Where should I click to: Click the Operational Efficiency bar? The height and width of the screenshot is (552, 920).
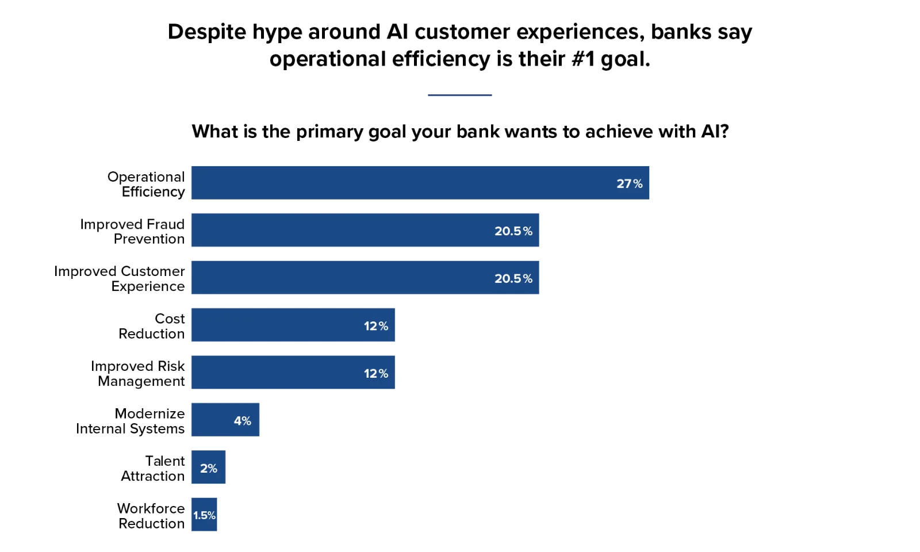420,183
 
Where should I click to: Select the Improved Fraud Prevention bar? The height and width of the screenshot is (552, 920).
365,230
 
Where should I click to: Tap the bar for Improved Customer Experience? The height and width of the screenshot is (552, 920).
365,277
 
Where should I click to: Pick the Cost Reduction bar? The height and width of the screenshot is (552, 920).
293,325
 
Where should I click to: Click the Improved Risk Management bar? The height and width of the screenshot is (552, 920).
293,372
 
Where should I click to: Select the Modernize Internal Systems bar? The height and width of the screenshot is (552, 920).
225,420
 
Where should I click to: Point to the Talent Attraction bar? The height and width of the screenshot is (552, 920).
208,467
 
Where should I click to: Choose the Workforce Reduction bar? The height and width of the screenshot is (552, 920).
204,515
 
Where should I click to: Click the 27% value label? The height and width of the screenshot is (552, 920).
629,183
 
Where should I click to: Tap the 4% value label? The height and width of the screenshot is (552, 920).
242,420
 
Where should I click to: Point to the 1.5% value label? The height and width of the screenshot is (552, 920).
205,515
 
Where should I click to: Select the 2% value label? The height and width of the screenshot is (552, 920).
209,468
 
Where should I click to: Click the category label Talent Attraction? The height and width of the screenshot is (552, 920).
153,468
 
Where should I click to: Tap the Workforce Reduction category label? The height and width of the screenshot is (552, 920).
151,516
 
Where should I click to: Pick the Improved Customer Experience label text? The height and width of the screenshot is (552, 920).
120,278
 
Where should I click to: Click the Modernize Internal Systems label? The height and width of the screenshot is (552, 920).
130,421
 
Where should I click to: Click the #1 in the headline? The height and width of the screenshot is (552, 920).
583,58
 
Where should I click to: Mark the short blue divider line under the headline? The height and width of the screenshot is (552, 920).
459,95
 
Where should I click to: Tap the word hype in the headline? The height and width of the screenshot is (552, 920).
277,33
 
